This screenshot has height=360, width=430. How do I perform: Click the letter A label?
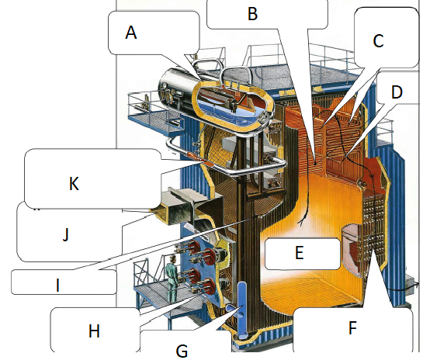(x=131, y=33)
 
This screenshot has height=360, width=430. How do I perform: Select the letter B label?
(x=252, y=14)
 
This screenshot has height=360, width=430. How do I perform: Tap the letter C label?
(x=378, y=41)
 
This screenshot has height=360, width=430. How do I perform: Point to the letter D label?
(x=397, y=92)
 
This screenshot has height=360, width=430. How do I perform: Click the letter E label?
(x=300, y=252)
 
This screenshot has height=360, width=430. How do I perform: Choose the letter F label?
(x=352, y=327)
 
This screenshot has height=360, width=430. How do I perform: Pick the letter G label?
(x=182, y=351)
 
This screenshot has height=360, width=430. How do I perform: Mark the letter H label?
(x=94, y=331)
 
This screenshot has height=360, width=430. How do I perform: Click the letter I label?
(x=57, y=286)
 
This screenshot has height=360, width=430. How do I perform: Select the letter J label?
(x=65, y=235)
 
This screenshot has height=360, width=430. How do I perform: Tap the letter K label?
(x=74, y=183)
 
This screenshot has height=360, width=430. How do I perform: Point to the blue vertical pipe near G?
(x=242, y=309)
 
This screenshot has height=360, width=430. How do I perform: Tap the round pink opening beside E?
(x=351, y=251)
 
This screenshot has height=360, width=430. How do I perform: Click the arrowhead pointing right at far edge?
(x=417, y=285)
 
